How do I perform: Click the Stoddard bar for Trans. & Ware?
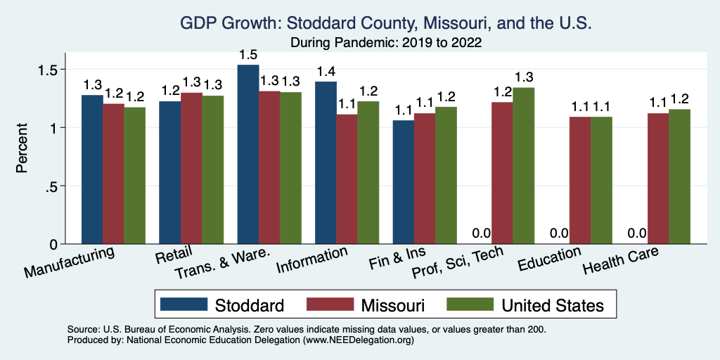pyautogui.click(x=248, y=155)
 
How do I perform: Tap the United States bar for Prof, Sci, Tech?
pyautogui.click(x=524, y=166)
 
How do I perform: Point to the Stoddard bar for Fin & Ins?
pyautogui.click(x=403, y=182)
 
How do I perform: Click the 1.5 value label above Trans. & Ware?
pyautogui.click(x=248, y=54)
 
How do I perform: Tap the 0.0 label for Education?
pyautogui.click(x=558, y=233)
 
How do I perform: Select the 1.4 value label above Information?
pyautogui.click(x=326, y=72)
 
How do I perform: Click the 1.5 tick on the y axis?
pyautogui.click(x=53, y=70)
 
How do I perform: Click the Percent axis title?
pyautogui.click(x=22, y=149)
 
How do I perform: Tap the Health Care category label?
pyautogui.click(x=621, y=264)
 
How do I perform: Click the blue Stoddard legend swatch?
pyautogui.click(x=184, y=304)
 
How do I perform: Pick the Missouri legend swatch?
pyautogui.click(x=330, y=304)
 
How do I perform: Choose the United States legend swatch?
pyautogui.click(x=470, y=304)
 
